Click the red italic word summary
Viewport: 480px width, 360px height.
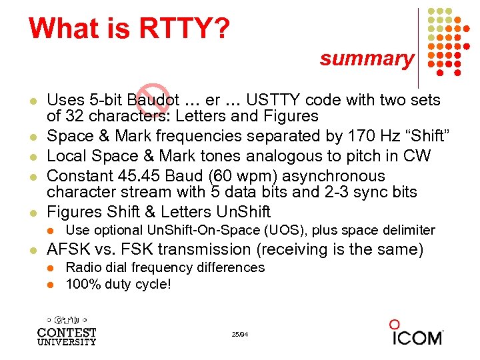(x=366, y=59)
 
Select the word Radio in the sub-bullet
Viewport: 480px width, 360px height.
(x=83, y=267)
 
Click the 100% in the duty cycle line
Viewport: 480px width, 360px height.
(x=82, y=284)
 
